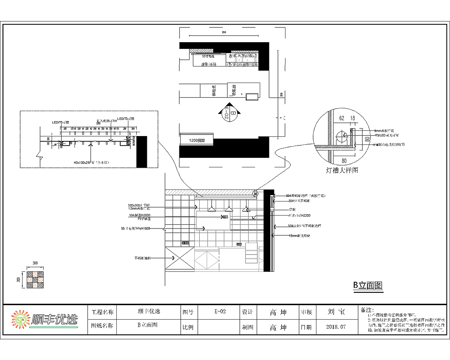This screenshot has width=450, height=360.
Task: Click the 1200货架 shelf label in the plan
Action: [197, 140]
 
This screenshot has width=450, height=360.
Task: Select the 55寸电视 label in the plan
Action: [208, 56]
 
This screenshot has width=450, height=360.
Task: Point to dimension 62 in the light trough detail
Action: [342, 118]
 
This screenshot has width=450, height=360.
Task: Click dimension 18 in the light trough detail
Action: [352, 118]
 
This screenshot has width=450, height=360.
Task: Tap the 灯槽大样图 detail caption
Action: [342, 171]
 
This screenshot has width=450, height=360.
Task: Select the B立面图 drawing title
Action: [368, 285]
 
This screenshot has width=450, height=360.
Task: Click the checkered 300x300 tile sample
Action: [36, 280]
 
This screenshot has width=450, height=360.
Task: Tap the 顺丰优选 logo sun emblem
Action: [21, 320]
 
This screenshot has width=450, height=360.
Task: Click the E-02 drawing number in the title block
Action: [220, 311]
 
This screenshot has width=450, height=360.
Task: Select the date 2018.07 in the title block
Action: [336, 327]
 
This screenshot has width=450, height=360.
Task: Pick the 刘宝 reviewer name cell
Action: [336, 312]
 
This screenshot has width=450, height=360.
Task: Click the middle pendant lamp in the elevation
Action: [229, 209]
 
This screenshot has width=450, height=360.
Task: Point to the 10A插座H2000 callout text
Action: [140, 215]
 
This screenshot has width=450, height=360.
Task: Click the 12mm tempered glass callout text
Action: [299, 236]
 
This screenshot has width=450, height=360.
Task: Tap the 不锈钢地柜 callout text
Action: [142, 258]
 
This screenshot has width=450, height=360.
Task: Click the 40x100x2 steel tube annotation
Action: [91, 162]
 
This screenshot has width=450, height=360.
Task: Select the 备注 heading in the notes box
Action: [367, 310]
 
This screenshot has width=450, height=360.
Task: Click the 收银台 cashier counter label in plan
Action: [234, 90]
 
